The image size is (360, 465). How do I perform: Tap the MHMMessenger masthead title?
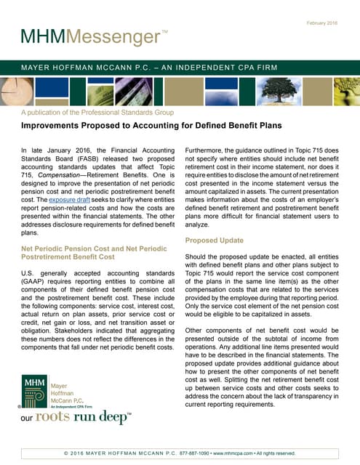point(95,36)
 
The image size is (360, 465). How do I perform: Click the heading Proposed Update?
point(215,240)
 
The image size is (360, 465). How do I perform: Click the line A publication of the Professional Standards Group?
point(97,113)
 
